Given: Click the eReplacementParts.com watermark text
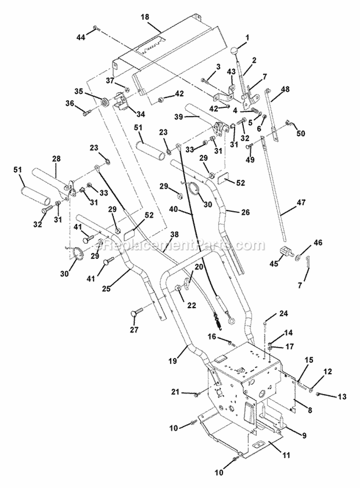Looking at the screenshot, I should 180,246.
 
